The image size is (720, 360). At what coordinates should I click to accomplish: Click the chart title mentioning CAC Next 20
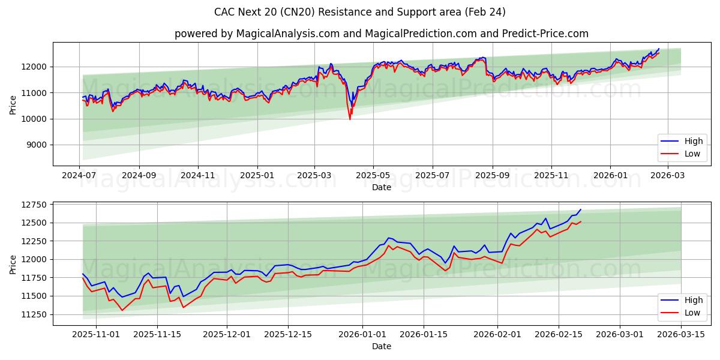point(360,12)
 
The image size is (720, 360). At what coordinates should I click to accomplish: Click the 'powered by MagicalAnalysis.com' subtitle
point(381,34)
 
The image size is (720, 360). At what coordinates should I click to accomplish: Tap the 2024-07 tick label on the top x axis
point(80,175)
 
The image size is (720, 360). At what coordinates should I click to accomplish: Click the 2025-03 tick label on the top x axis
point(315,175)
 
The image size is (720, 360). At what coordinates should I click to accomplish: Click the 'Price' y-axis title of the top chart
point(13,104)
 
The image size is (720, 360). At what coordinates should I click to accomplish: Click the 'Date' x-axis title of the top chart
point(382,187)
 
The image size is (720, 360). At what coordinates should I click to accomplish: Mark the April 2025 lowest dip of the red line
point(350,119)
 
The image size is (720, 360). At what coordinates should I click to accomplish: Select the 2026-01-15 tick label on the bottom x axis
point(424,334)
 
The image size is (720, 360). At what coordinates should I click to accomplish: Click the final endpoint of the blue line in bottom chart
point(581,209)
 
